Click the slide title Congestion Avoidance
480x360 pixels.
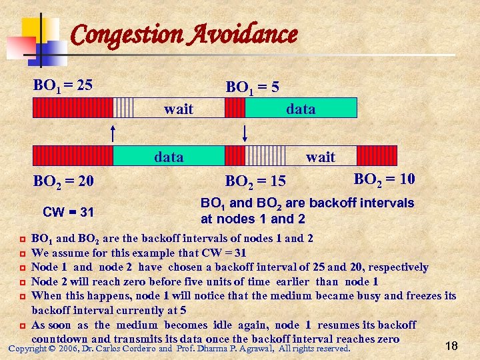[183, 34]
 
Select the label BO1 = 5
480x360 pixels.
[253, 87]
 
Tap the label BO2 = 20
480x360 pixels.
[63, 180]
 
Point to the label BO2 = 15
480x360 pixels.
[255, 181]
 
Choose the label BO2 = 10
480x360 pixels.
[384, 178]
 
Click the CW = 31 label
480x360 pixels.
[68, 213]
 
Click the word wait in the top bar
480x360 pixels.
[179, 109]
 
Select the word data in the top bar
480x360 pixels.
[301, 109]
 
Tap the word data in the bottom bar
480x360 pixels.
[169, 157]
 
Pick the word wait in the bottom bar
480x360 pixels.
[320, 157]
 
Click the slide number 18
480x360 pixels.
[451, 345]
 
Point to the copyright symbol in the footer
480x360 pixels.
[51, 349]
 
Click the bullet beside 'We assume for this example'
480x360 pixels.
[22, 253]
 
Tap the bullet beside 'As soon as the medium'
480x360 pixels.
[22, 325]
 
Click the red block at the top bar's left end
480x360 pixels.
[73, 108]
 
